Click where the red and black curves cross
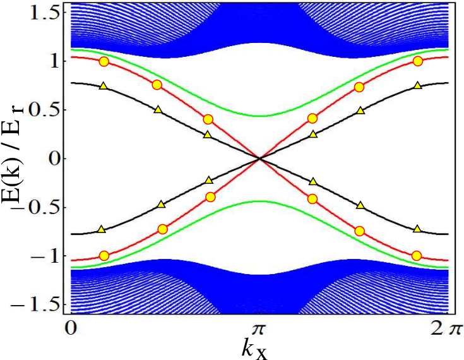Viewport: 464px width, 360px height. [x=259, y=159]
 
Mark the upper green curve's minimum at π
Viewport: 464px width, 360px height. [x=259, y=116]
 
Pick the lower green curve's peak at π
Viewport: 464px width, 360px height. [x=259, y=201]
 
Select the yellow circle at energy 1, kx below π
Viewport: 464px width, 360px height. [x=104, y=62]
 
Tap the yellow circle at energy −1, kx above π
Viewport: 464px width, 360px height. [x=417, y=256]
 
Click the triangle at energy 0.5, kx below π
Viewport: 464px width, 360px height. [x=158, y=109]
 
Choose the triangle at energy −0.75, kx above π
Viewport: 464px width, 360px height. [x=417, y=229]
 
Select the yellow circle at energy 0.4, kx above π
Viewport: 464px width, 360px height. [x=312, y=119]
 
